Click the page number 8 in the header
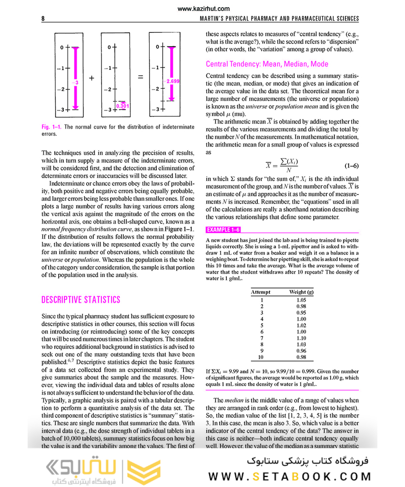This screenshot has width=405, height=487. (43, 19)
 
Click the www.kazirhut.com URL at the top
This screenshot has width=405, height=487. (203, 9)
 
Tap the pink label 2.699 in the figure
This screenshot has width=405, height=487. (172, 81)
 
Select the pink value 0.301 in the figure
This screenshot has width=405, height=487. (122, 106)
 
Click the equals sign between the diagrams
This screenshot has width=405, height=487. (140, 78)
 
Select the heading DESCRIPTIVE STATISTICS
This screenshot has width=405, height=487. (81, 300)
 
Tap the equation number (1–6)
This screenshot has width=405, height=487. (351, 166)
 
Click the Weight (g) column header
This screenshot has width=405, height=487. (301, 292)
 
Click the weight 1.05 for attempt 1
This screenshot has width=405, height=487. (301, 300)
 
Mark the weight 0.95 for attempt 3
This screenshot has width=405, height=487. (301, 313)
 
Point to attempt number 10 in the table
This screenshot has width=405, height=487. (261, 357)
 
